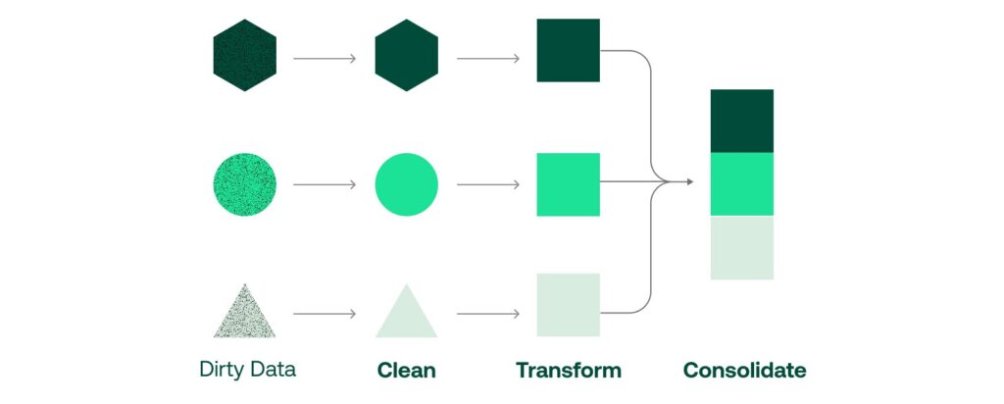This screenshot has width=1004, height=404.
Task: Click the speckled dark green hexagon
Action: tap(245, 55)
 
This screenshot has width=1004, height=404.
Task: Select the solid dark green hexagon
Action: tap(406, 55)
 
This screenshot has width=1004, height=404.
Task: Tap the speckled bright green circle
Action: tap(245, 184)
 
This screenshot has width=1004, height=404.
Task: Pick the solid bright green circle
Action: tap(406, 184)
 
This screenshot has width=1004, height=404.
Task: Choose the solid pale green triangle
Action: tap(406, 316)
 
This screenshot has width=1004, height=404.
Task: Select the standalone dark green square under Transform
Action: tap(568, 50)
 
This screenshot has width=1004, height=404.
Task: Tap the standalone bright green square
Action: tap(568, 184)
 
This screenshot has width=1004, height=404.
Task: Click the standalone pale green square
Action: tap(568, 305)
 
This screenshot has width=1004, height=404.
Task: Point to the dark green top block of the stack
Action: tap(742, 121)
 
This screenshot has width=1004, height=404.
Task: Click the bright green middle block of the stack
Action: tap(742, 184)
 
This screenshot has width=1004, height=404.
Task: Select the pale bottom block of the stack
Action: tap(742, 247)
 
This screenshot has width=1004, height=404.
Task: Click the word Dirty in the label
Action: tap(221, 370)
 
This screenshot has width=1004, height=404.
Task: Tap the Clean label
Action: tap(406, 371)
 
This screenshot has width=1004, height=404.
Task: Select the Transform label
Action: tap(568, 371)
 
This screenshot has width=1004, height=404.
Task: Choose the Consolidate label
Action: tap(744, 371)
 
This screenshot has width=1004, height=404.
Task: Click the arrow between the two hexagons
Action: tap(325, 59)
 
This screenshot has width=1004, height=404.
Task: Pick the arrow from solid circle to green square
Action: tap(487, 184)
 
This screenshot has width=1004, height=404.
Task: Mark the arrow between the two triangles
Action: tap(325, 314)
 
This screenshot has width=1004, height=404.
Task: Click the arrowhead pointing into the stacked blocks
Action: tap(689, 181)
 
